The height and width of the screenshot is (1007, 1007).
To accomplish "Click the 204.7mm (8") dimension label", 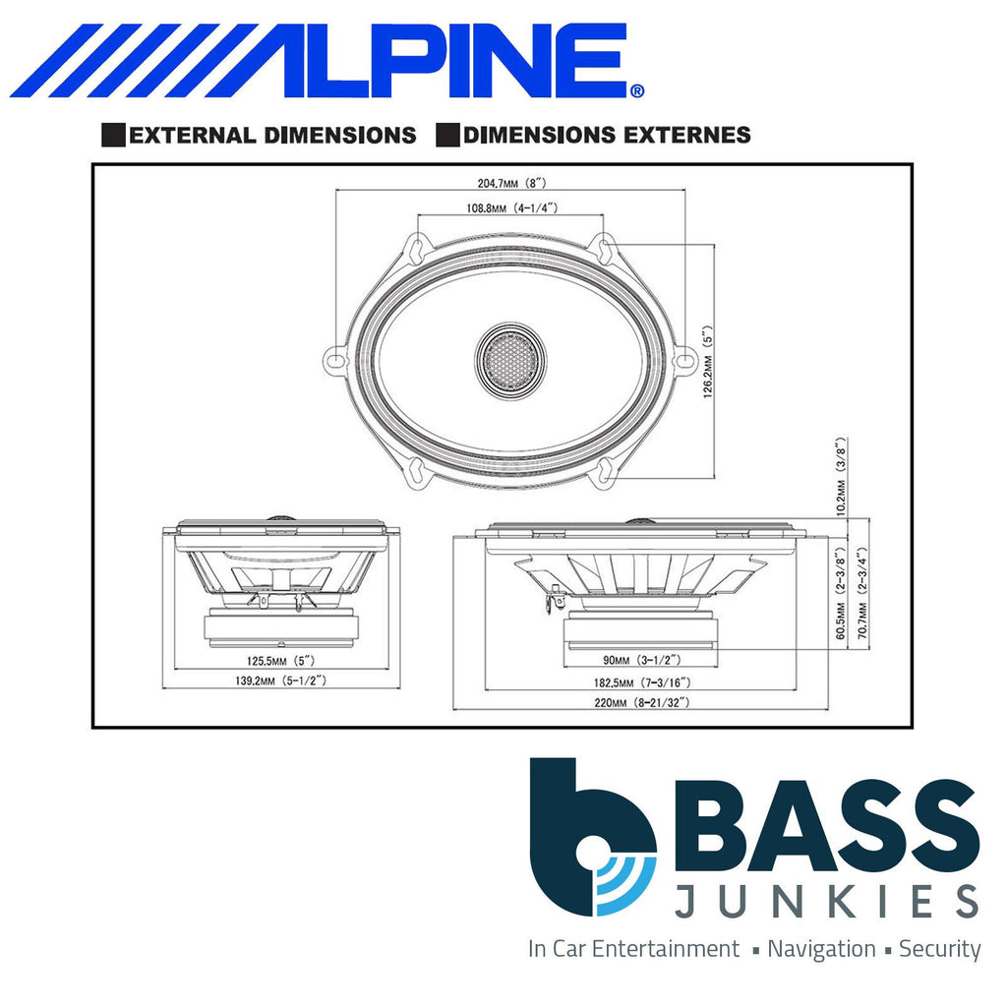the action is (x=511, y=183).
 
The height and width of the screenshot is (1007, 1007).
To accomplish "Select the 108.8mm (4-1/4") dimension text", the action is (x=511, y=208).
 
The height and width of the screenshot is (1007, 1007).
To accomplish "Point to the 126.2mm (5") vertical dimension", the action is (x=708, y=362).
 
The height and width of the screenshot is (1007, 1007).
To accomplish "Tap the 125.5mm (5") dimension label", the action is (x=281, y=660).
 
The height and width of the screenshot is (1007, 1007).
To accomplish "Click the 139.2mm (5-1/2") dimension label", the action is (x=280, y=681).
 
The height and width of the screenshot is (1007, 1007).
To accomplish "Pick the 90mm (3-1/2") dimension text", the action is (x=641, y=660).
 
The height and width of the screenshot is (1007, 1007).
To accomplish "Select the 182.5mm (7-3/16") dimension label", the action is (x=642, y=682).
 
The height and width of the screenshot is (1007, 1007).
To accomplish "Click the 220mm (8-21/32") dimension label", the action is (x=641, y=702).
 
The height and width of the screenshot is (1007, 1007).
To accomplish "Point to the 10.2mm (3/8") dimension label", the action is (x=842, y=476).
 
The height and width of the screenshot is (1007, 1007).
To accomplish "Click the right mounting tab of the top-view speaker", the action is (x=684, y=360).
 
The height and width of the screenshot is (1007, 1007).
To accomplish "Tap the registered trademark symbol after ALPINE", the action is (x=636, y=90).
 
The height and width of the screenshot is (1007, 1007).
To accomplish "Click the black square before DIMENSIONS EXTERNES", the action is (x=447, y=135).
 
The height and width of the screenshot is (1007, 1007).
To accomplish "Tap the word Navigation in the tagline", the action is (x=821, y=949).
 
